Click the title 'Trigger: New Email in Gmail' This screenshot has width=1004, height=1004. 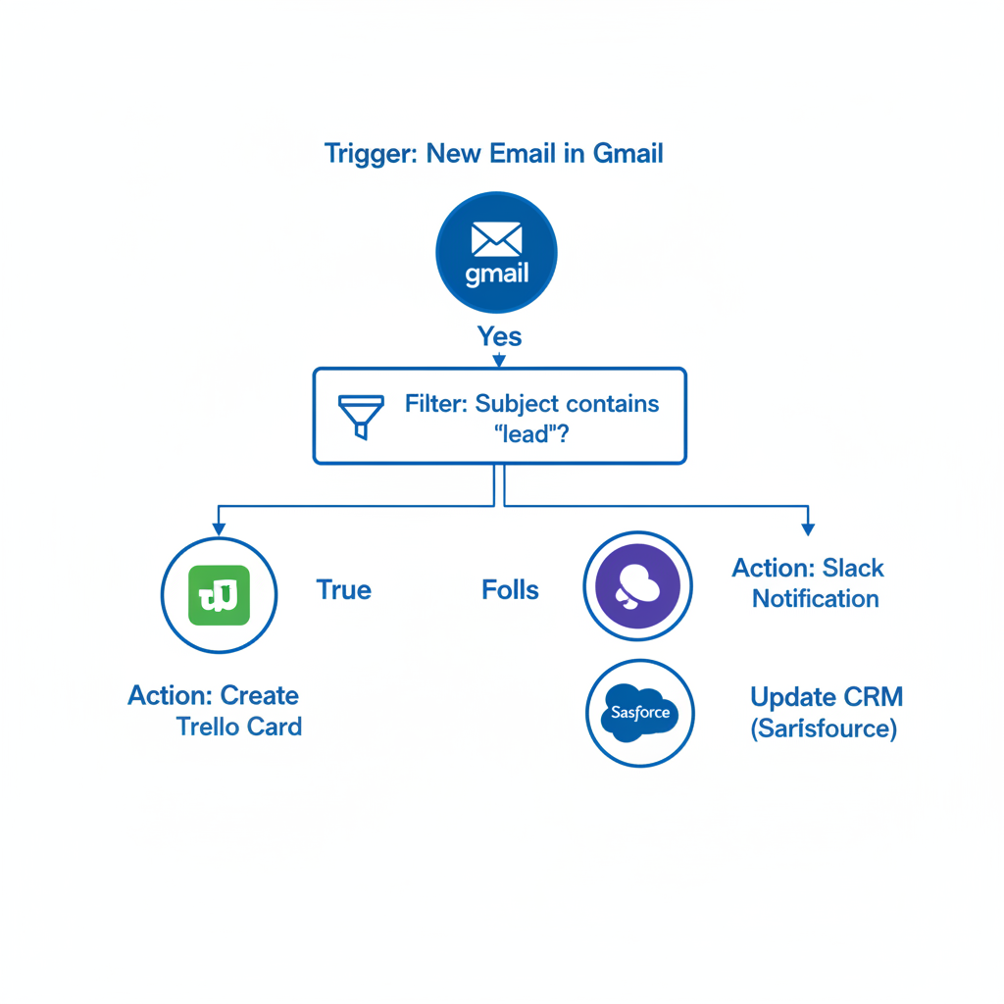[x=493, y=154]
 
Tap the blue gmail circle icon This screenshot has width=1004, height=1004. [x=496, y=252]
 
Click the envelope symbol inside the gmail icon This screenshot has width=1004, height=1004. [x=496, y=238]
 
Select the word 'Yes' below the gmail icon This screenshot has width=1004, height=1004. [x=499, y=336]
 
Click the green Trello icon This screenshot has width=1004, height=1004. [x=219, y=595]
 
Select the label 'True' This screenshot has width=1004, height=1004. [x=343, y=590]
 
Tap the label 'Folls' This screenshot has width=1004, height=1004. [x=510, y=590]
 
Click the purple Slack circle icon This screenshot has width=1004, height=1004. [x=638, y=586]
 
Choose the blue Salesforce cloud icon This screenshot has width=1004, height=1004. [x=639, y=713]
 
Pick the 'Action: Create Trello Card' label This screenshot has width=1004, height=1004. [x=215, y=711]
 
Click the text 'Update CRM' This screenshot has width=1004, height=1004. [x=826, y=697]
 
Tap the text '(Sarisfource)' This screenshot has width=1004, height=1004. [x=824, y=729]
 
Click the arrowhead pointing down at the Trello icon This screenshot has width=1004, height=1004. [x=219, y=528]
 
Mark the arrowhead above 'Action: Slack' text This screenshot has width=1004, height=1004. [x=808, y=529]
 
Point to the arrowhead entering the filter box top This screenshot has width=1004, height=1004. [x=499, y=362]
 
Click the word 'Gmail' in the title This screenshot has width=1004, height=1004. [x=627, y=154]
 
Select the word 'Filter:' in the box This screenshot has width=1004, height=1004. [x=435, y=404]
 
